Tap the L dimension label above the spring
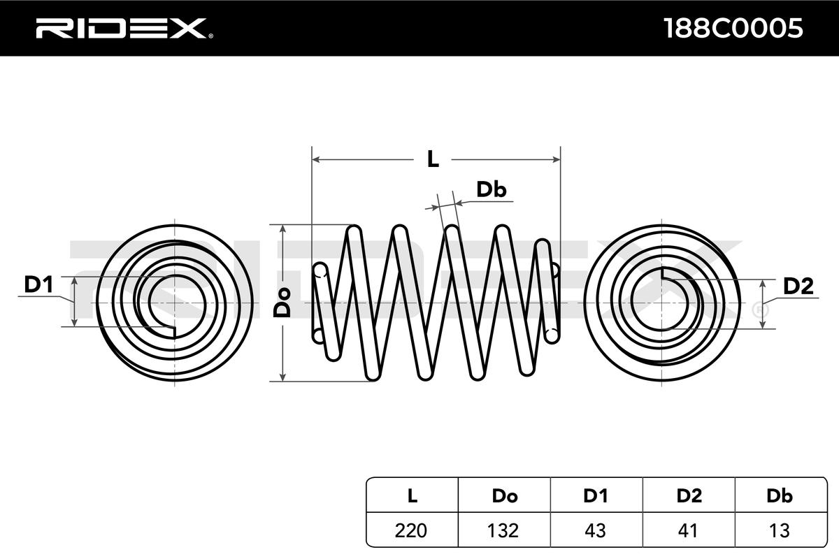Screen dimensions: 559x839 [433, 160]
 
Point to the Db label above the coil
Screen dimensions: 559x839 [491, 189]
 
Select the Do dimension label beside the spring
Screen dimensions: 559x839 [282, 303]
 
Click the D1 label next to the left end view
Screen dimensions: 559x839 [39, 284]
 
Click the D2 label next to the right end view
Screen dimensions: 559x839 [798, 286]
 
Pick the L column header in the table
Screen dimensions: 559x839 [413, 496]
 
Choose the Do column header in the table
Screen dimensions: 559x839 [504, 496]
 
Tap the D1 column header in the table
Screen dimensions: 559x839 [596, 496]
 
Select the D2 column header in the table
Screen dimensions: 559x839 [689, 496]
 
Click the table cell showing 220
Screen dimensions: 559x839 [413, 530]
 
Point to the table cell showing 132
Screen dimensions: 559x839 [504, 530]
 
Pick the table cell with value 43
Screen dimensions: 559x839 [596, 530]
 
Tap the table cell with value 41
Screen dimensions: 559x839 [689, 530]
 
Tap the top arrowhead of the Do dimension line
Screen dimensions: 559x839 [282, 229]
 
